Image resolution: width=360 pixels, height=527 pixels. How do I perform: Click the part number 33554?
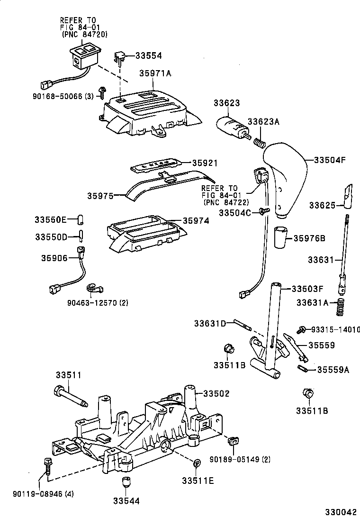point(148,55)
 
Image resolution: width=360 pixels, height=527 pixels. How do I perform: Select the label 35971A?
point(155,73)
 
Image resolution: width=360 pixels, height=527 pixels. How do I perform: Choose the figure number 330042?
point(340,512)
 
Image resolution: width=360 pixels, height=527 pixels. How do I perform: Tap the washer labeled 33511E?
point(197,462)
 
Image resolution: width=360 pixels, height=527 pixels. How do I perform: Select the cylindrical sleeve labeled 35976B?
point(281,237)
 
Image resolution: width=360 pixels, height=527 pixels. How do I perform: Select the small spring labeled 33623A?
point(259,142)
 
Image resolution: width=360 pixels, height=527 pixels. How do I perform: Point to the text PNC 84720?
point(85,34)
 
